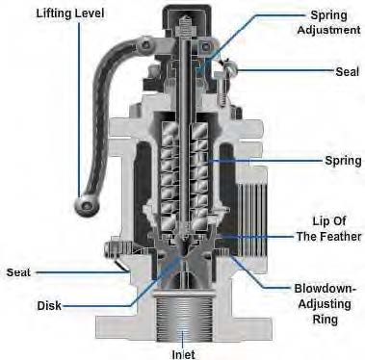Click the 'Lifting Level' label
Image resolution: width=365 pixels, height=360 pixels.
(x=70, y=13)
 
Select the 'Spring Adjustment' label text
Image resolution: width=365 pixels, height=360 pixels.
(x=328, y=22)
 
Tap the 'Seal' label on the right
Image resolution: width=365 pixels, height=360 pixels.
(x=348, y=71)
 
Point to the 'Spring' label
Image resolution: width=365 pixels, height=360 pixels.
(x=343, y=160)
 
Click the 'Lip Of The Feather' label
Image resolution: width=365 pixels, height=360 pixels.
(x=329, y=229)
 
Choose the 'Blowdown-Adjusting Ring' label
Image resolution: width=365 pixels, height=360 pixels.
(x=325, y=303)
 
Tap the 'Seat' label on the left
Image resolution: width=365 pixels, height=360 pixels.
(x=18, y=272)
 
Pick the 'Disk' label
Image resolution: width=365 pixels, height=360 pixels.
(x=49, y=305)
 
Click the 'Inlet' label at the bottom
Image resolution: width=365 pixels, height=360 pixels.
(x=183, y=354)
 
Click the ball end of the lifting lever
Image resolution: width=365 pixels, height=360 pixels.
(x=85, y=205)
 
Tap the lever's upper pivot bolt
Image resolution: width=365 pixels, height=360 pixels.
(x=145, y=43)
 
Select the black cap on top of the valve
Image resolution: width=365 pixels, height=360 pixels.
(x=186, y=22)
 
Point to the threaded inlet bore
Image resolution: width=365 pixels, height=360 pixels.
(x=183, y=317)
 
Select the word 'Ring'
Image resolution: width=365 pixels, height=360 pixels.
(x=325, y=320)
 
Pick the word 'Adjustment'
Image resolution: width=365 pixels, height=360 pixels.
(x=328, y=30)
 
